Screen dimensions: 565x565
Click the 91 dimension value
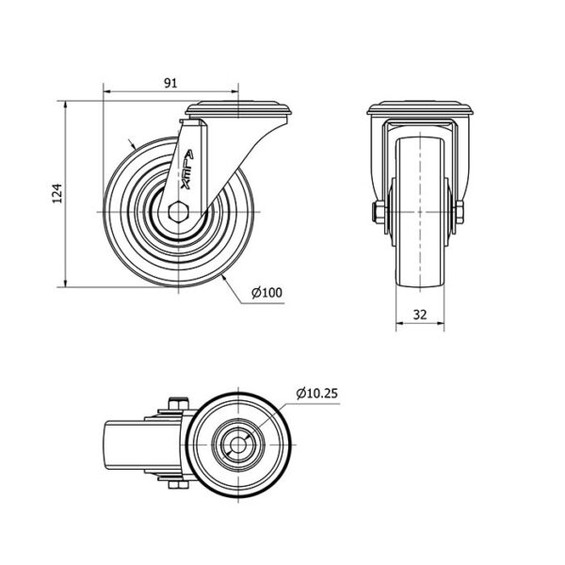tap(170, 83)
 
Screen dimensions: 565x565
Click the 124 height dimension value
tap(57, 193)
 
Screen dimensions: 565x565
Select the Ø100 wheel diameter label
tap(267, 293)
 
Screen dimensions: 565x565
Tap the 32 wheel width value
tap(420, 315)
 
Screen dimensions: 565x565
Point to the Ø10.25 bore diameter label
tap(317, 393)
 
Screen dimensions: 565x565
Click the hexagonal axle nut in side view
tap(178, 212)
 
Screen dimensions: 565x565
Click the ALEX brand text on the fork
tap(187, 169)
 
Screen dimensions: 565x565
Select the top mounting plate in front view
tap(420, 108)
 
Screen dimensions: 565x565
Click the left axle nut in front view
tap(378, 212)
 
